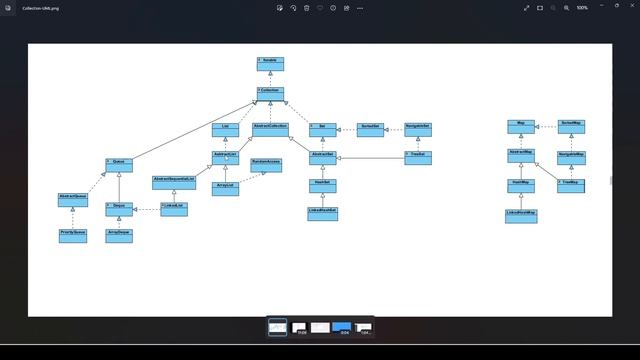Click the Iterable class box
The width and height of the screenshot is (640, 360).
tap(270, 63)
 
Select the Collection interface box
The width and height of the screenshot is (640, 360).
tap(270, 92)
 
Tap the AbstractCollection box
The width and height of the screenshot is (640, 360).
tap(270, 129)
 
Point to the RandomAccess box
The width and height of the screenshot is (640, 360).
tap(266, 163)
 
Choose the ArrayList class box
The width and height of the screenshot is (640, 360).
tap(226, 187)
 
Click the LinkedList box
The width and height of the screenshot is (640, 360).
tap(175, 208)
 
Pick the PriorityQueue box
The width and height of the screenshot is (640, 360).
tap(73, 235)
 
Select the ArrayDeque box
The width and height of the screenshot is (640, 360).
tap(120, 235)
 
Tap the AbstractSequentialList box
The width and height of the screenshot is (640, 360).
tap(174, 182)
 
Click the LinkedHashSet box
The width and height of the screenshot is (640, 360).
tap(322, 213)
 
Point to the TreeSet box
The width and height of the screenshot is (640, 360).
tap(418, 157)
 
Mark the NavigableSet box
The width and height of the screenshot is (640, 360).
tap(418, 129)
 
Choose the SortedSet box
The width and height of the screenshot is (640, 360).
tap(370, 129)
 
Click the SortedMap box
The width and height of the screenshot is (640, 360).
tap(572, 125)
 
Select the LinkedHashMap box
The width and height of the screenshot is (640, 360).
tap(520, 215)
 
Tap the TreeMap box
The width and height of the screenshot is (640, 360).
tap(570, 185)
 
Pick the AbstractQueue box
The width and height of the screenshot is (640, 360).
tap(73, 199)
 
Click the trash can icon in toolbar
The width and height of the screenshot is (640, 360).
tap(306, 7)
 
